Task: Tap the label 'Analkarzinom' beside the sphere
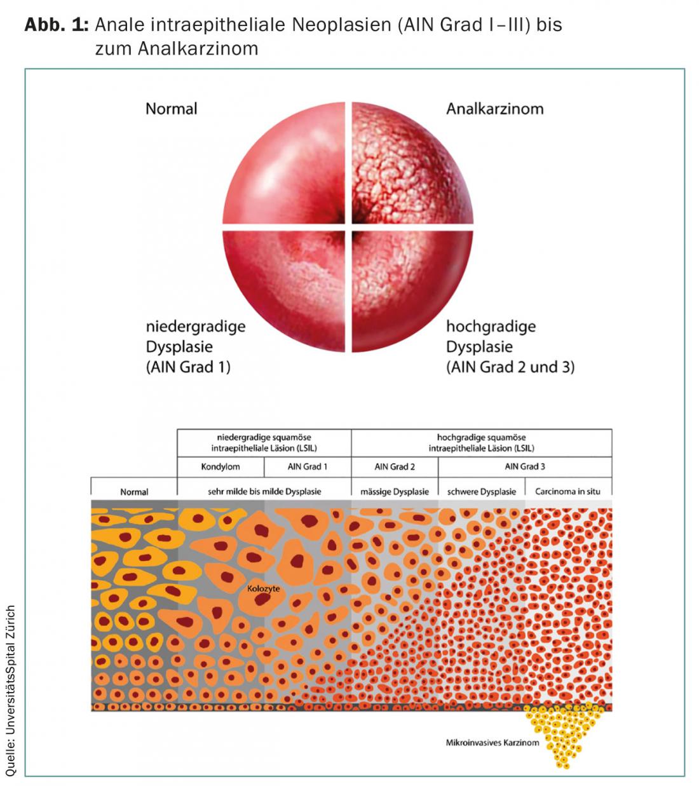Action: (x=494, y=109)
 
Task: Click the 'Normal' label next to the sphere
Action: (x=171, y=109)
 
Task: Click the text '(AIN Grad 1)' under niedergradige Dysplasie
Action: (x=187, y=367)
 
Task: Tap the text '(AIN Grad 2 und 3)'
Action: (x=510, y=367)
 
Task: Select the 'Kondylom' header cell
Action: (x=220, y=466)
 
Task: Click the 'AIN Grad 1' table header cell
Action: (x=308, y=466)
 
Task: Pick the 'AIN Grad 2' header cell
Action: (x=395, y=466)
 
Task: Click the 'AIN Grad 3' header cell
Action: (x=525, y=466)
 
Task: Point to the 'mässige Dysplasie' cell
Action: (x=395, y=491)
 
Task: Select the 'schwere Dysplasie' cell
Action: (x=482, y=491)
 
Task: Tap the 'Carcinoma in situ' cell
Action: (x=567, y=491)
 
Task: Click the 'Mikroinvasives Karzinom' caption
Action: (x=492, y=742)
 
